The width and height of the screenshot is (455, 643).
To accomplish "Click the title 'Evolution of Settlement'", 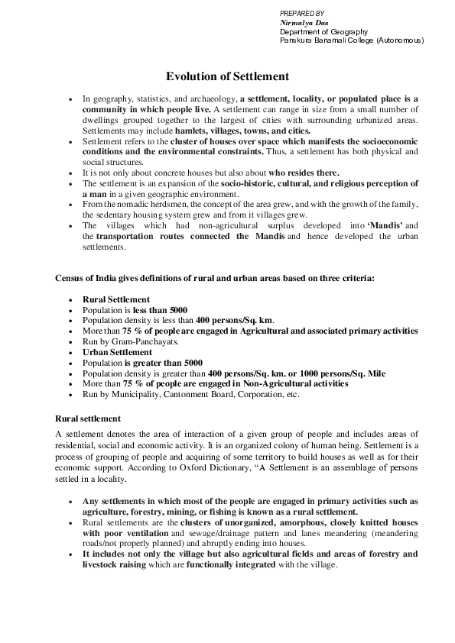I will tap(227, 76).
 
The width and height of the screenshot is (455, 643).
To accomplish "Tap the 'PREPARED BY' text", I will tap(301, 14).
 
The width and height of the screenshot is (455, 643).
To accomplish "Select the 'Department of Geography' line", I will tap(323, 31).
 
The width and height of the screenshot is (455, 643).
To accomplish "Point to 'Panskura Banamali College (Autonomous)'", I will tap(352, 40).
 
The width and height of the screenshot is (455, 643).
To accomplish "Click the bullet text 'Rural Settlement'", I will tap(116, 299).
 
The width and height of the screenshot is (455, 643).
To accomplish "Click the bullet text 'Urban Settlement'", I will tap(117, 352).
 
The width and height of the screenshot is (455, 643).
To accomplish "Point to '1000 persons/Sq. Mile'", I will tap(343, 373).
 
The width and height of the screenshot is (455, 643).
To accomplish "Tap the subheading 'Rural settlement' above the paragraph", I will tap(87, 418).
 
